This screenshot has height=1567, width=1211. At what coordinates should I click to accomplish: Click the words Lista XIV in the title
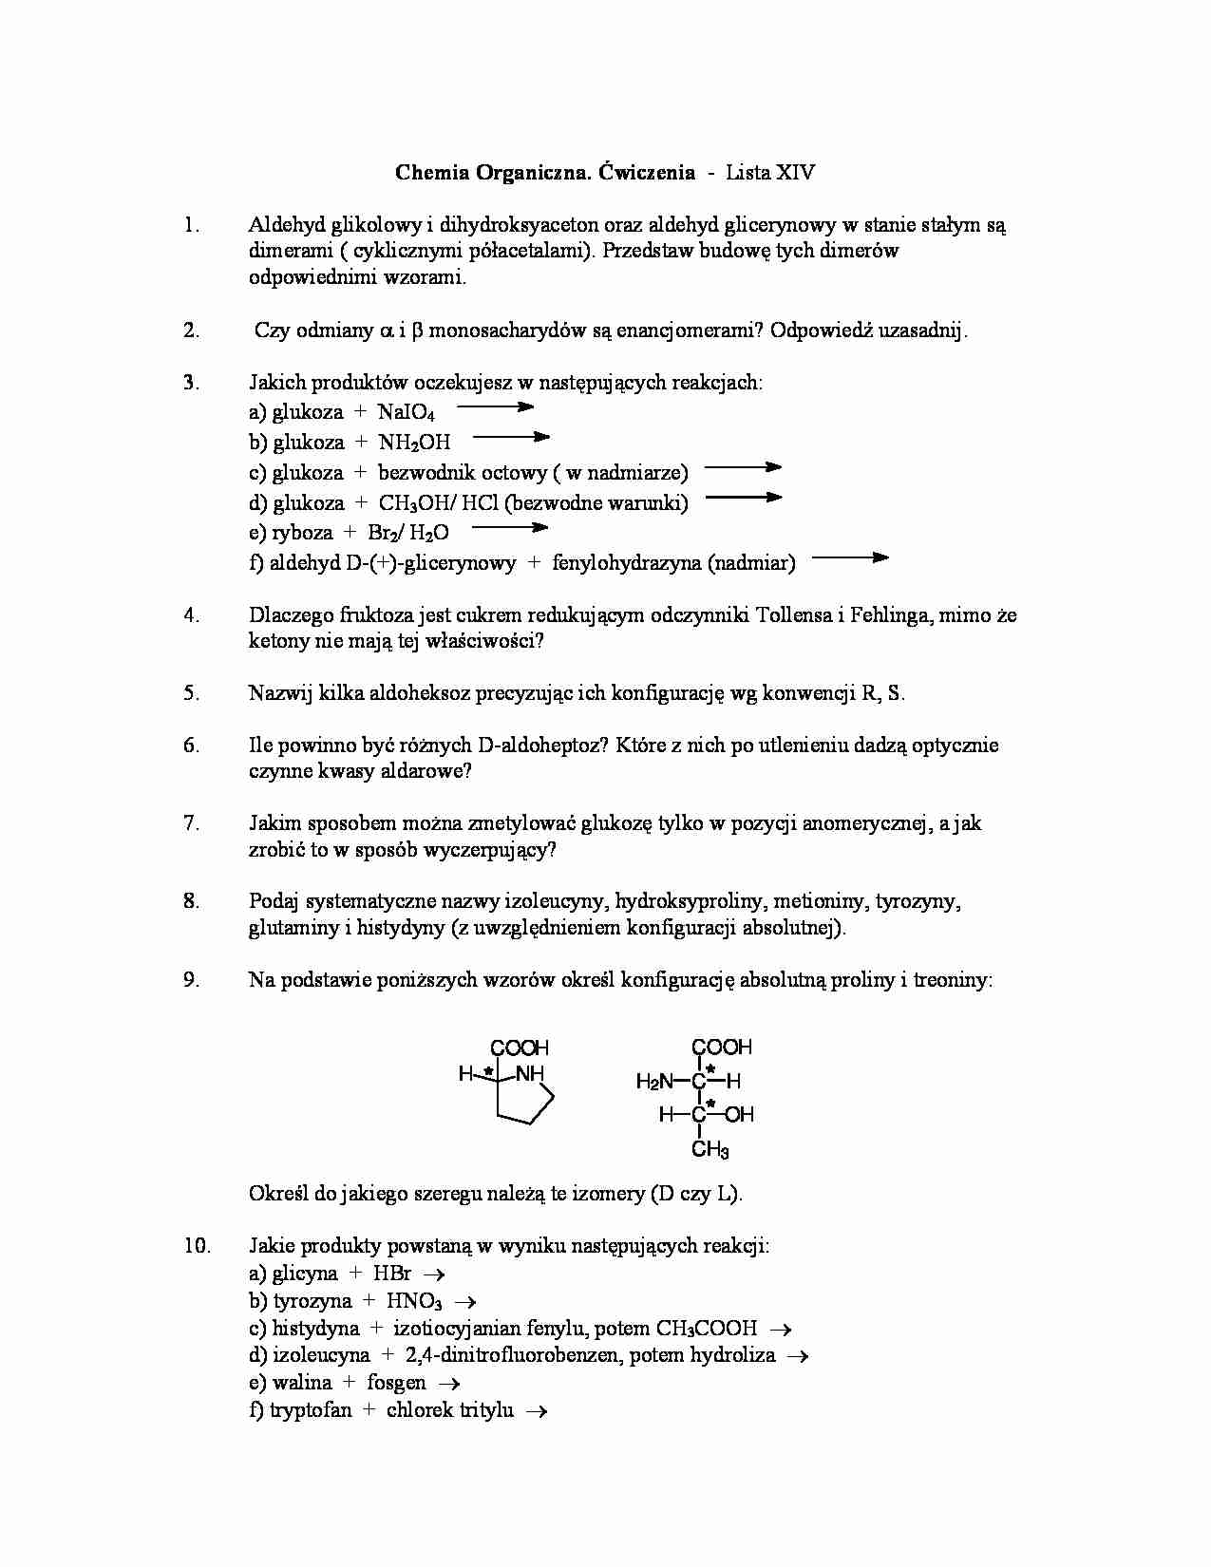click(769, 173)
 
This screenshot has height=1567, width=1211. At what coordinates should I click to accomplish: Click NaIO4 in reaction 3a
click(406, 412)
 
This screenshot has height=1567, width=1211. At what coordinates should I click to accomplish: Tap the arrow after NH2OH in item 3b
click(511, 438)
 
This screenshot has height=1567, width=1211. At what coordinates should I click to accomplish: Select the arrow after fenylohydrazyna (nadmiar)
click(850, 558)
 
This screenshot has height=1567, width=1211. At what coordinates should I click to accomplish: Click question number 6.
click(192, 746)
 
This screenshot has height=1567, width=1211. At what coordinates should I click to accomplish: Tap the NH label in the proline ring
click(530, 1074)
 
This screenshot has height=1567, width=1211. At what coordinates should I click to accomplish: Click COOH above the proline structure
click(520, 1048)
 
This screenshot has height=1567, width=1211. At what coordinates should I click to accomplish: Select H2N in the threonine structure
click(654, 1081)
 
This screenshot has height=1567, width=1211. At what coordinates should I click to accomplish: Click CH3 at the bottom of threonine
click(710, 1150)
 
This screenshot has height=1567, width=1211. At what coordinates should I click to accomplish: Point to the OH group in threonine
click(739, 1115)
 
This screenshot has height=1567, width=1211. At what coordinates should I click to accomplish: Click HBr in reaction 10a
click(392, 1274)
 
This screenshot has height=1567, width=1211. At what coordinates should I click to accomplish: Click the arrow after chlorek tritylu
click(537, 1411)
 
